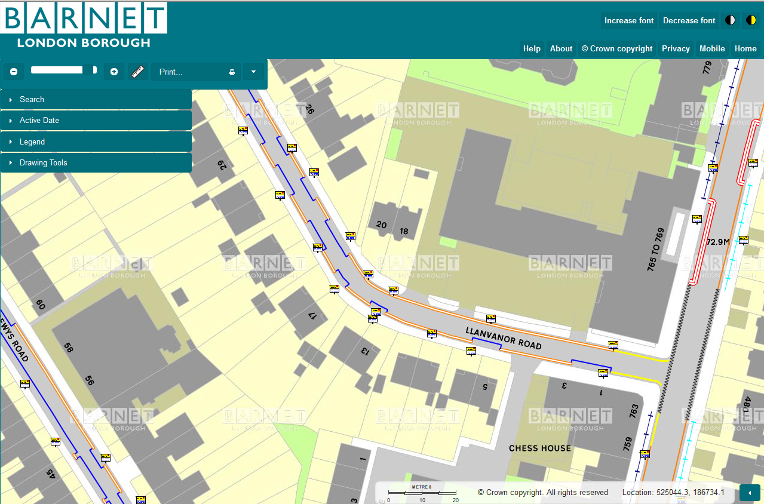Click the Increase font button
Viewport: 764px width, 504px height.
(x=629, y=20)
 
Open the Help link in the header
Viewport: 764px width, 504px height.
(x=532, y=49)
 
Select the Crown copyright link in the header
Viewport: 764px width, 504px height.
(x=617, y=49)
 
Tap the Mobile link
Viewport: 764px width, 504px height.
(x=712, y=49)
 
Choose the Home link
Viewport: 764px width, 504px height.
(x=745, y=49)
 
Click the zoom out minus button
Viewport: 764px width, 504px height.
(x=14, y=72)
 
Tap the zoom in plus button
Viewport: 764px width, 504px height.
(x=114, y=72)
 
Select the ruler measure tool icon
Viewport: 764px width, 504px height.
(x=139, y=72)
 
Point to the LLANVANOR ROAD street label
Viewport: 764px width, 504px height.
(x=504, y=338)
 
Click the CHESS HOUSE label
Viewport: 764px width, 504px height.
(x=539, y=448)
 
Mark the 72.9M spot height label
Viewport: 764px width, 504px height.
(x=717, y=242)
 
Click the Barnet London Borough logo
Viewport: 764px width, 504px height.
(x=84, y=25)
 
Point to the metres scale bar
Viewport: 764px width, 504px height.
(x=422, y=493)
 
